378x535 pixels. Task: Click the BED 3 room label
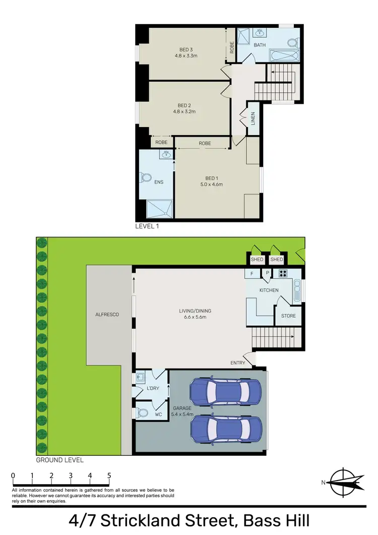pyautogui.click(x=186, y=49)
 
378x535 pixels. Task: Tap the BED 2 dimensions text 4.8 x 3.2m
pyautogui.click(x=186, y=111)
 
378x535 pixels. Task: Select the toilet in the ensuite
pyautogui.click(x=147, y=178)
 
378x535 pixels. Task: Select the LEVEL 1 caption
pyautogui.click(x=147, y=226)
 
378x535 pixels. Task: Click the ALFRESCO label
pyautogui.click(x=107, y=314)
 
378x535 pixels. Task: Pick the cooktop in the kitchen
pyautogui.click(x=283, y=274)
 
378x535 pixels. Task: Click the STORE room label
pyautogui.click(x=288, y=316)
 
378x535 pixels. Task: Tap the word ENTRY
pyautogui.click(x=237, y=363)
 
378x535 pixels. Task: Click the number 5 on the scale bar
pyautogui.click(x=109, y=475)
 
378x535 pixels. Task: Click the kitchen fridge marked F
pyautogui.click(x=252, y=274)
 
